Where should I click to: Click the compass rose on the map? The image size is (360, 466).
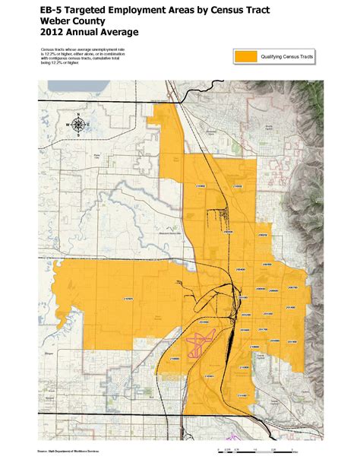(78, 124)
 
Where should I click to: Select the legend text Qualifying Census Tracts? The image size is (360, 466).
(288, 57)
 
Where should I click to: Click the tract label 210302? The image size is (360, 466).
(238, 185)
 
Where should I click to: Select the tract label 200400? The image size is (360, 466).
(240, 268)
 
